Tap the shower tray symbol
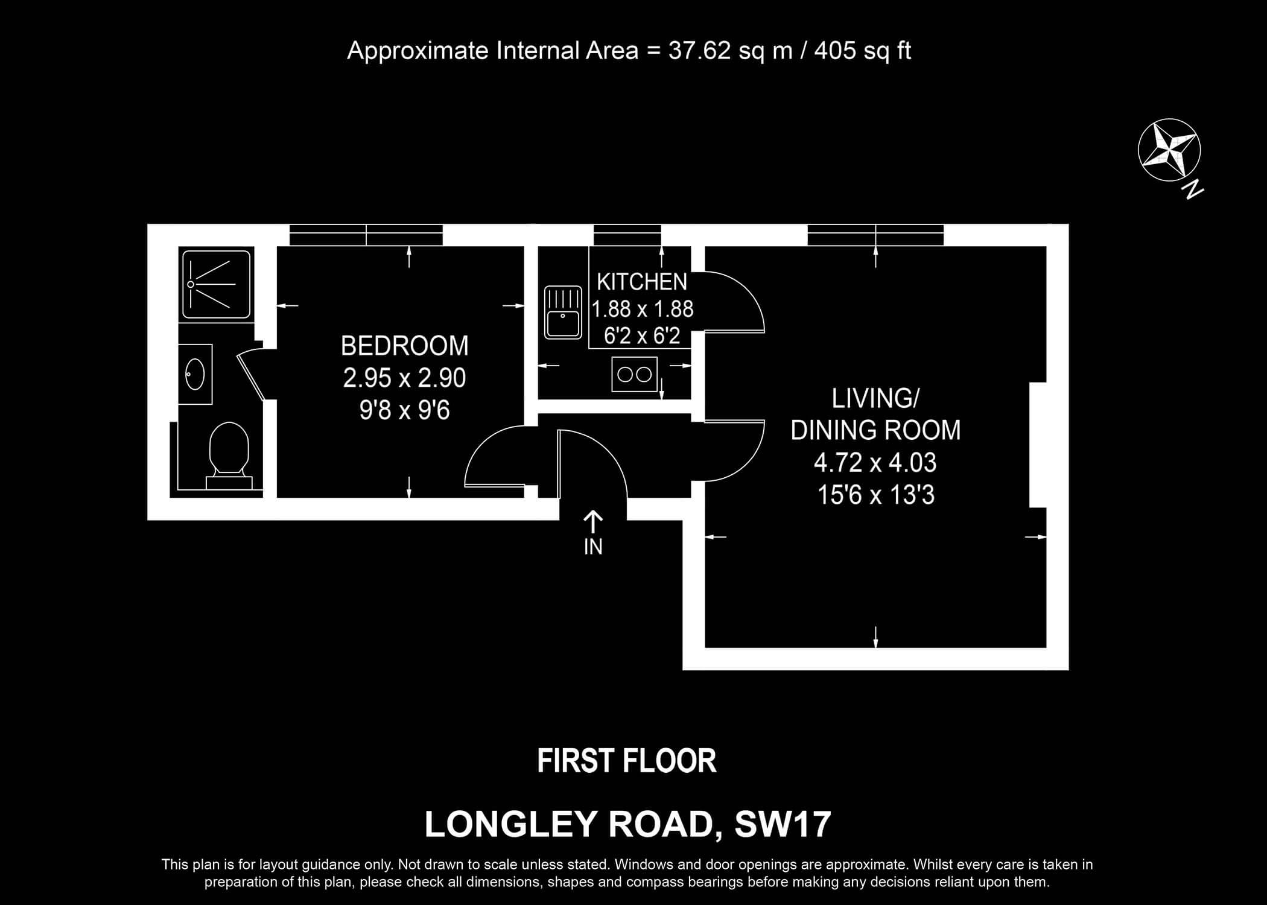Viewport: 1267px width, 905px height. pos(216,284)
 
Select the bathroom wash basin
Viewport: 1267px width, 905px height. pos(195,374)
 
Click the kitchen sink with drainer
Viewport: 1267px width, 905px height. pos(563,312)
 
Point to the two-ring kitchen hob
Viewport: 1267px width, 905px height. pos(634,374)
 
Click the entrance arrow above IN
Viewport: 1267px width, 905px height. pos(593,522)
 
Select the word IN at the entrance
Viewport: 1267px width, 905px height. pos(593,547)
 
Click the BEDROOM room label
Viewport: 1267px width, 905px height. pos(405,346)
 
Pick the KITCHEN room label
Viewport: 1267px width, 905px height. pos(642,282)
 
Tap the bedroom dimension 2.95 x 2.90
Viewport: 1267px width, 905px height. pos(405,378)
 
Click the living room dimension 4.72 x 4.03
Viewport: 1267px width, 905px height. pos(875,463)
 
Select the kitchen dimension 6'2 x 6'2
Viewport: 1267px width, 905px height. pos(642,335)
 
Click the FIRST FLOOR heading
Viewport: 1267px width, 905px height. pos(627,761)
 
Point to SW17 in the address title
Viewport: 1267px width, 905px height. pos(783,824)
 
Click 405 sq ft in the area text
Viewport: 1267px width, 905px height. pos(863,51)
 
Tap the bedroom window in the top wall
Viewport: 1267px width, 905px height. pos(366,235)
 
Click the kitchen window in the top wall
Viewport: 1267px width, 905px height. pos(627,235)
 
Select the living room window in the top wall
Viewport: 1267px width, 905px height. pos(875,235)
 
